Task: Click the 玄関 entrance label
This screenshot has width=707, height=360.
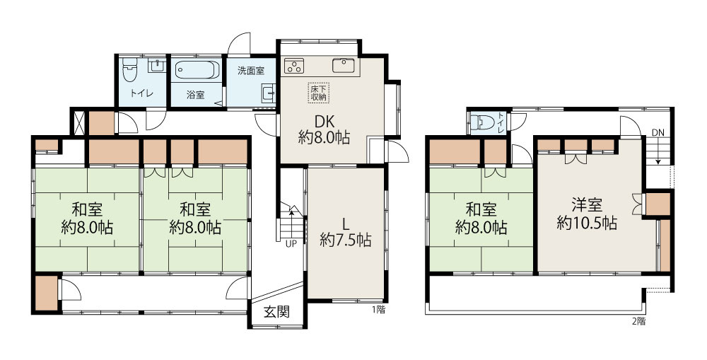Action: (x=276, y=312)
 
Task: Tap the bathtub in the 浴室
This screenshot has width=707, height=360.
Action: (x=197, y=70)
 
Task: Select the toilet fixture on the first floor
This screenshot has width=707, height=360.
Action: (x=129, y=69)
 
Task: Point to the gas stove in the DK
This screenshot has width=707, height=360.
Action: (x=294, y=66)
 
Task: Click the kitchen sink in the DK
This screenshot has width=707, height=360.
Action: (x=344, y=66)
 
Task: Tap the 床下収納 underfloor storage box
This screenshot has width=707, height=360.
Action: (x=319, y=93)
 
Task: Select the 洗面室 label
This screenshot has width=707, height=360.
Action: (x=251, y=71)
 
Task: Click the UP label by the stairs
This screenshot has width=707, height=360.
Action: (x=291, y=244)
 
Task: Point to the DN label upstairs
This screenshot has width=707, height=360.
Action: (x=658, y=133)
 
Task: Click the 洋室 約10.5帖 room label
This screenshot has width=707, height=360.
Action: (x=587, y=214)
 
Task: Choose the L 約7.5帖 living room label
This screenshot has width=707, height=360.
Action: (x=346, y=231)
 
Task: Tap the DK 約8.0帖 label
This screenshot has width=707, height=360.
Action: (x=324, y=129)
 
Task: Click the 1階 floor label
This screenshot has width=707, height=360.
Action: (x=379, y=310)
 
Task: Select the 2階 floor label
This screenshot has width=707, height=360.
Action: (x=638, y=322)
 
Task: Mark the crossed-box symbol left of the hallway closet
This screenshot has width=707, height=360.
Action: (x=78, y=122)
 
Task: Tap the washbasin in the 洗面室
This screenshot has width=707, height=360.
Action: (x=268, y=93)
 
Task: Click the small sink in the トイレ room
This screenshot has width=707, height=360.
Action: (x=156, y=65)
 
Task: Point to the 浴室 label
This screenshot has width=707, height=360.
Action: (x=196, y=95)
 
